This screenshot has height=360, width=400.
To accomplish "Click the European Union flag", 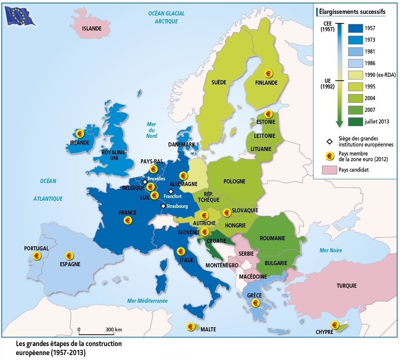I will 19,16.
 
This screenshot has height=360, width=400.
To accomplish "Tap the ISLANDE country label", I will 92,28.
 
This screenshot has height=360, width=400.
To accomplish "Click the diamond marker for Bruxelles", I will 145,182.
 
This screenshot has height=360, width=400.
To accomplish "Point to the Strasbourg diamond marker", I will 163,206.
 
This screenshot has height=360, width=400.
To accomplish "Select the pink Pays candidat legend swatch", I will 329,170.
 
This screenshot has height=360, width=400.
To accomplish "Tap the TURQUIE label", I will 346,286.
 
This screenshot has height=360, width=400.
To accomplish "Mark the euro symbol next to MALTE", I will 191,327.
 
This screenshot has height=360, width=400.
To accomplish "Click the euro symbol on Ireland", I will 80,133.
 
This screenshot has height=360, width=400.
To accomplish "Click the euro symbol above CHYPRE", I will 334,324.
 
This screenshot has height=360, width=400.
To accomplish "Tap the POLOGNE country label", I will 234,181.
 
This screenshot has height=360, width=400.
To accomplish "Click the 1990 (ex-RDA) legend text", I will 380,75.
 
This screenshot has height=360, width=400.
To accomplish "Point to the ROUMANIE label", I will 272,238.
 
